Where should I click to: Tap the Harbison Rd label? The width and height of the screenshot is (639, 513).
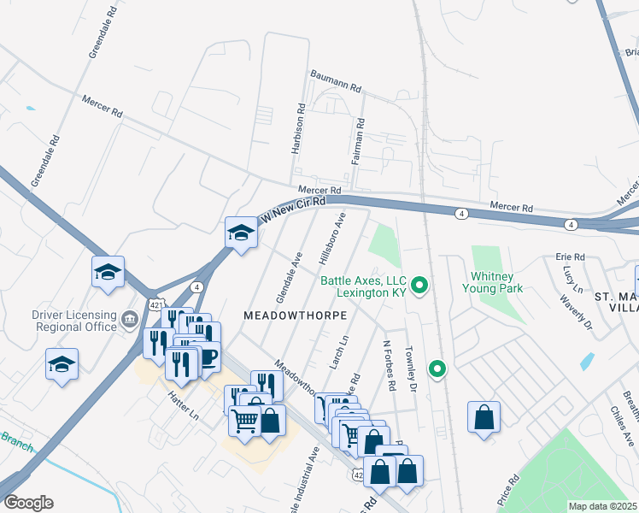point(300,129)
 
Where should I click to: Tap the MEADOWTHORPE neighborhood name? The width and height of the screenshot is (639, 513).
point(296,315)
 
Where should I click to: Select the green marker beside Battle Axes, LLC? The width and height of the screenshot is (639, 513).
point(419,286)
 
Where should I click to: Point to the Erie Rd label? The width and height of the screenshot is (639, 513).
point(570,256)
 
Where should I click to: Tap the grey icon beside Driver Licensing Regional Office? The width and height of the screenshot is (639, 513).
point(129,320)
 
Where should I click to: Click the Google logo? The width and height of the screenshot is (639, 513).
point(28,502)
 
